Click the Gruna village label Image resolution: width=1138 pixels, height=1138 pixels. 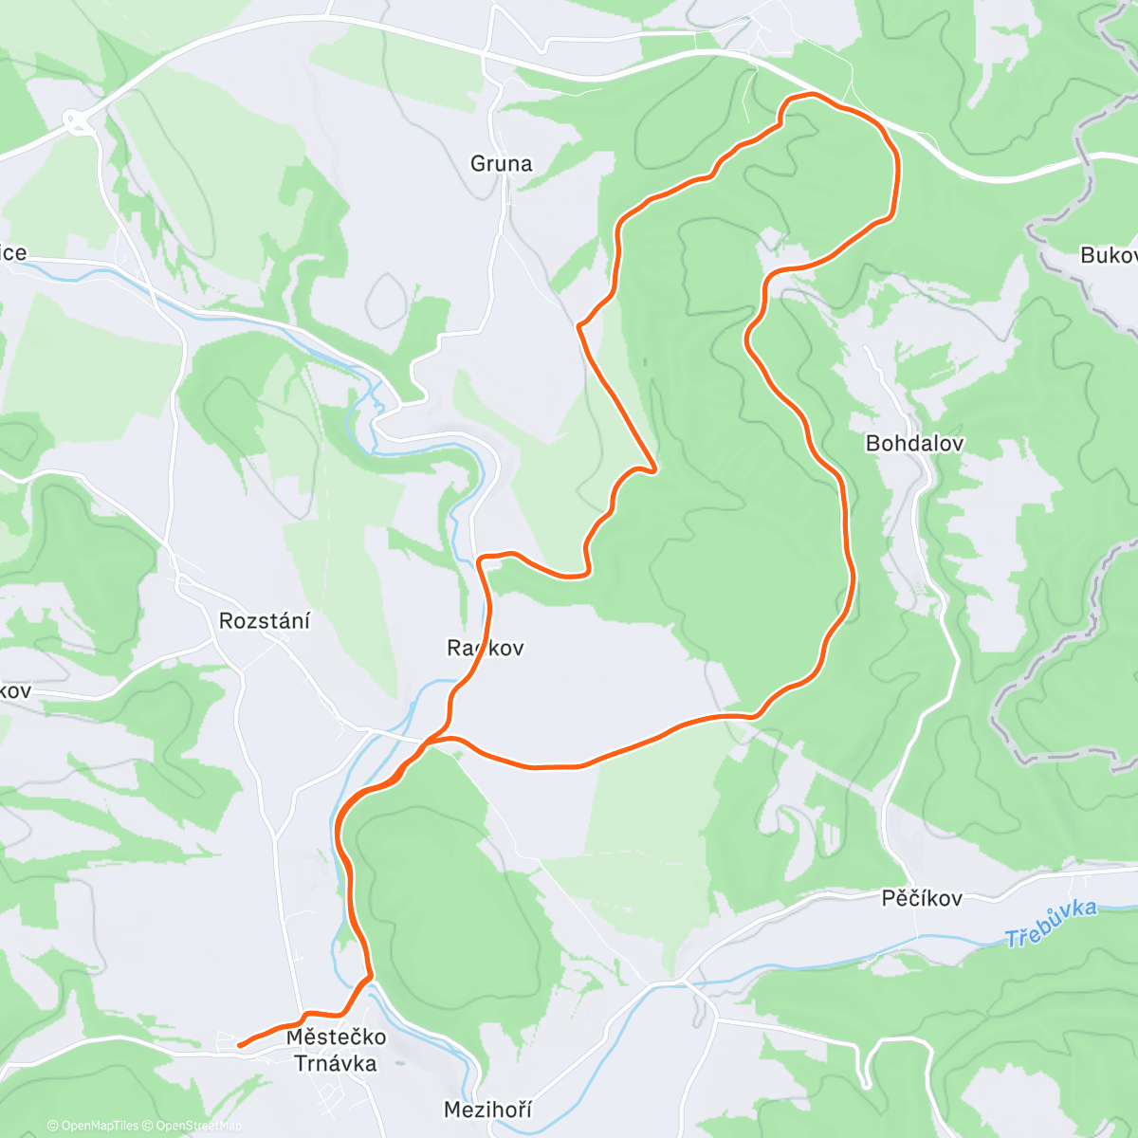point(501,164)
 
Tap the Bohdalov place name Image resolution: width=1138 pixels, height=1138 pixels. point(914,443)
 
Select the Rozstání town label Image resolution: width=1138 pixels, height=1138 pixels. point(265,621)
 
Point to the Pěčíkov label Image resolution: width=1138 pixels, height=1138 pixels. point(922,898)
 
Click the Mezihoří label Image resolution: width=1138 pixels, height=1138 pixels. point(487,1109)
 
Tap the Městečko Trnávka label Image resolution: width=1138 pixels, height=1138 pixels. point(336,1050)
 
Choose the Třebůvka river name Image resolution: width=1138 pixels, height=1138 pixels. point(1051,925)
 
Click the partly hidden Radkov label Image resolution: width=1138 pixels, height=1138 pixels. point(485,648)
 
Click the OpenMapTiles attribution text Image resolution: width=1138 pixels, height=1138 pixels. point(92,1126)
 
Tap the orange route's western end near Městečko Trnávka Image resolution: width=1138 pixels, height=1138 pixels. point(239,1045)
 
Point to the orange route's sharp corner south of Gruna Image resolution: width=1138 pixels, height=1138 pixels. point(579,326)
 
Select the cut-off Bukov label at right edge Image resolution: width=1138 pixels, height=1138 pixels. point(1108,255)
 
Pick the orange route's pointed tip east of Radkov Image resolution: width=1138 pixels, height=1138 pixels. point(654,469)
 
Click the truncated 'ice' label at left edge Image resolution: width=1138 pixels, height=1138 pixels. point(13,253)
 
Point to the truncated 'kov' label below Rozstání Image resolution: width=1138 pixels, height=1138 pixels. point(15,690)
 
